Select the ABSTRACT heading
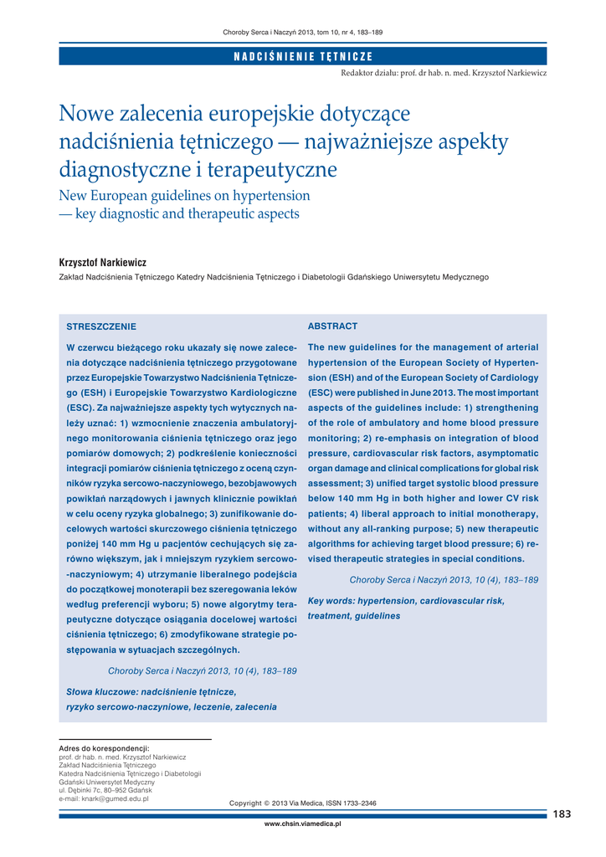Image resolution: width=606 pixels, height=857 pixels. tap(332, 326)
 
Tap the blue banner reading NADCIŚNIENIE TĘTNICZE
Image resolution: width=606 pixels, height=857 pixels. tap(303, 56)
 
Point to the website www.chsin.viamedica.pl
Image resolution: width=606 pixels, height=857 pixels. tap(303, 824)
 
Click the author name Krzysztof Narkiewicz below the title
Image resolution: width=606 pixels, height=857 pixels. tap(102, 262)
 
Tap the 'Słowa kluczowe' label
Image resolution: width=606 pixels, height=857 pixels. tap(102, 692)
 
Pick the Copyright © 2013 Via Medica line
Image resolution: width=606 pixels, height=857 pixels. tap(303, 803)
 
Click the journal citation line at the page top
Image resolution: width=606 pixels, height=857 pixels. tap(303, 32)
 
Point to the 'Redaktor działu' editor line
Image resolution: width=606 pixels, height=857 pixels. tap(444, 74)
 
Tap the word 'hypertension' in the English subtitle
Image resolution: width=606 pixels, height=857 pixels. tap(264, 196)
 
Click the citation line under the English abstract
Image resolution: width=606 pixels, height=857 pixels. tap(444, 579)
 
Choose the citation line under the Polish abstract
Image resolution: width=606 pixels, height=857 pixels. tap(203, 670)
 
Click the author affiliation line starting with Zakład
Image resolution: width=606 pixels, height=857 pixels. tap(273, 277)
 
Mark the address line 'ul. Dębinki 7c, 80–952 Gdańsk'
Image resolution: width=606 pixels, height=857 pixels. tap(105, 791)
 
